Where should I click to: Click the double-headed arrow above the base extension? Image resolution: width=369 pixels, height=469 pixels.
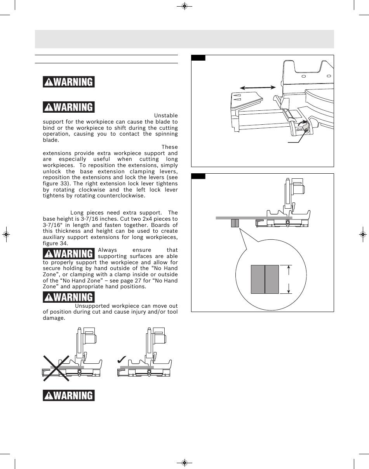point(258,88)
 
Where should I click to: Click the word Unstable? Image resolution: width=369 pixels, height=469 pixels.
point(166,115)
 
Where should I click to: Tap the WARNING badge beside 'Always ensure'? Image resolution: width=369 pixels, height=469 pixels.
point(69,254)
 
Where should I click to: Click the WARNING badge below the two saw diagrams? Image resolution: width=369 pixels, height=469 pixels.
point(69,396)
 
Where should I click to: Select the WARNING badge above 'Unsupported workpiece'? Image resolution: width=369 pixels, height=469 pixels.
point(69,297)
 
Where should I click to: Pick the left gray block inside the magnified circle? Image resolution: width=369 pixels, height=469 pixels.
point(258,279)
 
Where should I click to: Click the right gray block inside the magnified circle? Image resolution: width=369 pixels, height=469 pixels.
point(272,279)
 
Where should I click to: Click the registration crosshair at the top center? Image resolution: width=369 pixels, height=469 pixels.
point(184,6)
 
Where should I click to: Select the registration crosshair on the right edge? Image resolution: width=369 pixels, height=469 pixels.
point(362,235)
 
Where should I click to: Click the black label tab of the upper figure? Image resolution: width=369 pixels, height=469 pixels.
point(198,58)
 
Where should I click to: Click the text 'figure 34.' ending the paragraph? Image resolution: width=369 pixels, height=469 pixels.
point(56,244)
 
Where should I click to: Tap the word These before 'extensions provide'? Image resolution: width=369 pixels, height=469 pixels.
point(169,147)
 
